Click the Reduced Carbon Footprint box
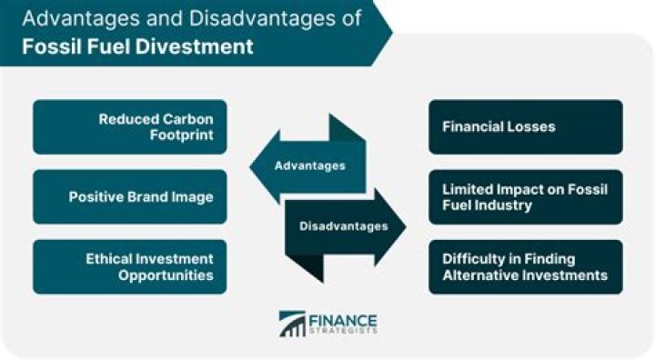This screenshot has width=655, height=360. click(x=129, y=126)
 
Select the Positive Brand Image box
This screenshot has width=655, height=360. click(x=129, y=196)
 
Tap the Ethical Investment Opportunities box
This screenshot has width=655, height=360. click(x=129, y=266)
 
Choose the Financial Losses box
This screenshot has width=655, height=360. click(x=525, y=126)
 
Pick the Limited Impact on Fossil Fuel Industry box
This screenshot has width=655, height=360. click(x=525, y=196)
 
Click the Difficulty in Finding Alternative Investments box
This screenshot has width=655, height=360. click(x=525, y=266)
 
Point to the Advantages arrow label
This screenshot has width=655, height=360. click(x=310, y=166)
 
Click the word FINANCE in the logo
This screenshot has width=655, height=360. click(x=343, y=319)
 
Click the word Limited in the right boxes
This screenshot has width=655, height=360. click(x=466, y=189)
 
